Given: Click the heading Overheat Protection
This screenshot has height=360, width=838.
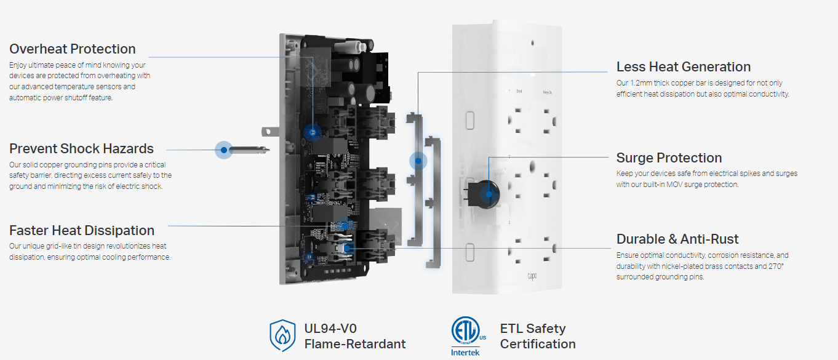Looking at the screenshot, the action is (x=72, y=49).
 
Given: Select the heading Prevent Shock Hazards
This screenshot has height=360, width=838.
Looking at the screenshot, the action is (x=81, y=148).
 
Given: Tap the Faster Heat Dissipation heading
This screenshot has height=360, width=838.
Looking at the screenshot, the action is (x=82, y=231).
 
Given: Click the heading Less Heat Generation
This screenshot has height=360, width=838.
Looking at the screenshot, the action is (x=684, y=66).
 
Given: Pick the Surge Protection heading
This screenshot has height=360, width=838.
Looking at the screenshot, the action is (x=669, y=158).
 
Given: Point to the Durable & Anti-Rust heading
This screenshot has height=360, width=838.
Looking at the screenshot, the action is (x=677, y=239).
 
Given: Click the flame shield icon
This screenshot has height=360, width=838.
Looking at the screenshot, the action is (x=282, y=335).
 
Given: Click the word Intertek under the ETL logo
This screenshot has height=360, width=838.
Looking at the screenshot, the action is (x=465, y=352).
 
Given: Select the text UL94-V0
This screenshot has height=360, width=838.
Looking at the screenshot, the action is (x=330, y=329).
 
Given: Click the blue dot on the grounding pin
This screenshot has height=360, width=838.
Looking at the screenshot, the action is (x=224, y=150).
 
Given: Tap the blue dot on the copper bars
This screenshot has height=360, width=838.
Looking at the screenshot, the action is (x=418, y=161).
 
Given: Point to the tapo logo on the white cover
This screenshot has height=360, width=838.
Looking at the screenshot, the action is (x=532, y=276).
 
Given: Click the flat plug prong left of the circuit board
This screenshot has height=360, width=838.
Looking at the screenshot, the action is (x=271, y=131).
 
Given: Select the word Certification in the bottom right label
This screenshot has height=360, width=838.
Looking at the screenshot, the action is (x=538, y=344).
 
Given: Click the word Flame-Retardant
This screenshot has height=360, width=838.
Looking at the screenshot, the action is (x=354, y=344).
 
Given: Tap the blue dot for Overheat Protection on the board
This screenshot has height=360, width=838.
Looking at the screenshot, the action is (x=313, y=132).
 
